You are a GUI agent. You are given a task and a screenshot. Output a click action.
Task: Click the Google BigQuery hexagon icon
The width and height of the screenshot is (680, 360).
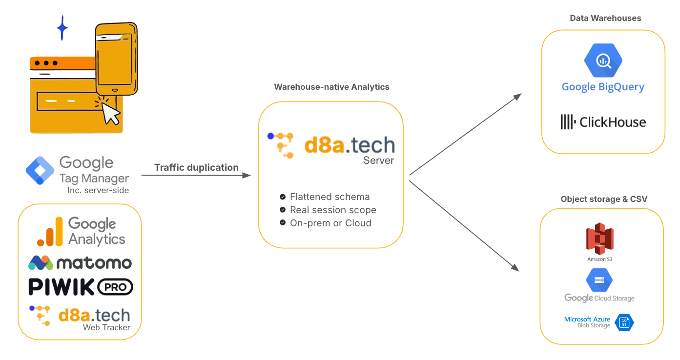point(603,60)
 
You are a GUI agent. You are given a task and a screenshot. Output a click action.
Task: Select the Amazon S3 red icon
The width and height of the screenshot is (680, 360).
point(599,239)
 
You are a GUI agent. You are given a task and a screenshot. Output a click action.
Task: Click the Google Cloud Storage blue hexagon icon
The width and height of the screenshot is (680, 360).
point(599,280)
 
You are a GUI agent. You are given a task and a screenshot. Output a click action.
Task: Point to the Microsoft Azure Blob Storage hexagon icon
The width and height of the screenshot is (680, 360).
point(624,322)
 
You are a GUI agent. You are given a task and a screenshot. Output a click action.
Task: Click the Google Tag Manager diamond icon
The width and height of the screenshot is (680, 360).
point(40,171)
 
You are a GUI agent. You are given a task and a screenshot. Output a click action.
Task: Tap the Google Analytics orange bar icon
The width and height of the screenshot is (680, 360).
point(50,232)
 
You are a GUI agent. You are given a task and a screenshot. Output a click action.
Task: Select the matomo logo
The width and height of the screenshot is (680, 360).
point(80,263)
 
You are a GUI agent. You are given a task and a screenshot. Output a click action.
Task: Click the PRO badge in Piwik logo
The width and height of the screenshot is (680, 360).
point(115,287)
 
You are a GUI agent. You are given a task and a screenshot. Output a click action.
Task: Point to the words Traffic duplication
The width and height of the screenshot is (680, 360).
point(196,167)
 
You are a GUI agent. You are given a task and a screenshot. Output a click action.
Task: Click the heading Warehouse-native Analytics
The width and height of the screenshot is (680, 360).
point(331,87)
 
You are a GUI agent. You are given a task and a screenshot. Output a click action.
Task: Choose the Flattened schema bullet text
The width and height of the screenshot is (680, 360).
point(330,197)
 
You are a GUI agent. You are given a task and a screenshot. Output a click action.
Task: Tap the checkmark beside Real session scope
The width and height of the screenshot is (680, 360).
point(282,210)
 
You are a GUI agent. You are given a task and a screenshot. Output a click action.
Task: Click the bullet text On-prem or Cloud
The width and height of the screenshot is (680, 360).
point(330,223)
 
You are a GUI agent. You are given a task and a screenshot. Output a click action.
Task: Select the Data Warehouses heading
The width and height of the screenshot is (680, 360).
point(605,18)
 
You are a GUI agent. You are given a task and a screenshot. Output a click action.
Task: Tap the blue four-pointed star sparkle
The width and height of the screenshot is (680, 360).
point(62,28)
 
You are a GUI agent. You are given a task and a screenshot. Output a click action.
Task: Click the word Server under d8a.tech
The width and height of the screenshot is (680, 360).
point(378,160)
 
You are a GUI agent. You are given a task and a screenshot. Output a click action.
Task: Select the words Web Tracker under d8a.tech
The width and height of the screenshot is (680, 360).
point(106,327)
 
